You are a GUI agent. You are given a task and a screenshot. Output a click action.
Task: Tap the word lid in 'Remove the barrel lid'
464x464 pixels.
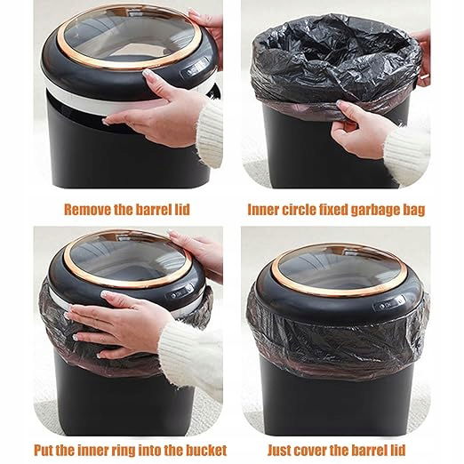coord(181,209)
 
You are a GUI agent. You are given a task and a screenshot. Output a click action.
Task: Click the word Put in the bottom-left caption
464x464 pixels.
coord(44,451)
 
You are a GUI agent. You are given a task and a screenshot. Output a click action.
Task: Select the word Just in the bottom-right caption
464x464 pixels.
coord(280,451)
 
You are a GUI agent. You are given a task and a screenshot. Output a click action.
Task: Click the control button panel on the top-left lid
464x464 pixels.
coord(196,68)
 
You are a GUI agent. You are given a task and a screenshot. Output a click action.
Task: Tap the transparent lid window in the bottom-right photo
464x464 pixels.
coord(339,270)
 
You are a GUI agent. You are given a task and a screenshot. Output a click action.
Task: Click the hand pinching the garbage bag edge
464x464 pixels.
coord(360,128)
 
